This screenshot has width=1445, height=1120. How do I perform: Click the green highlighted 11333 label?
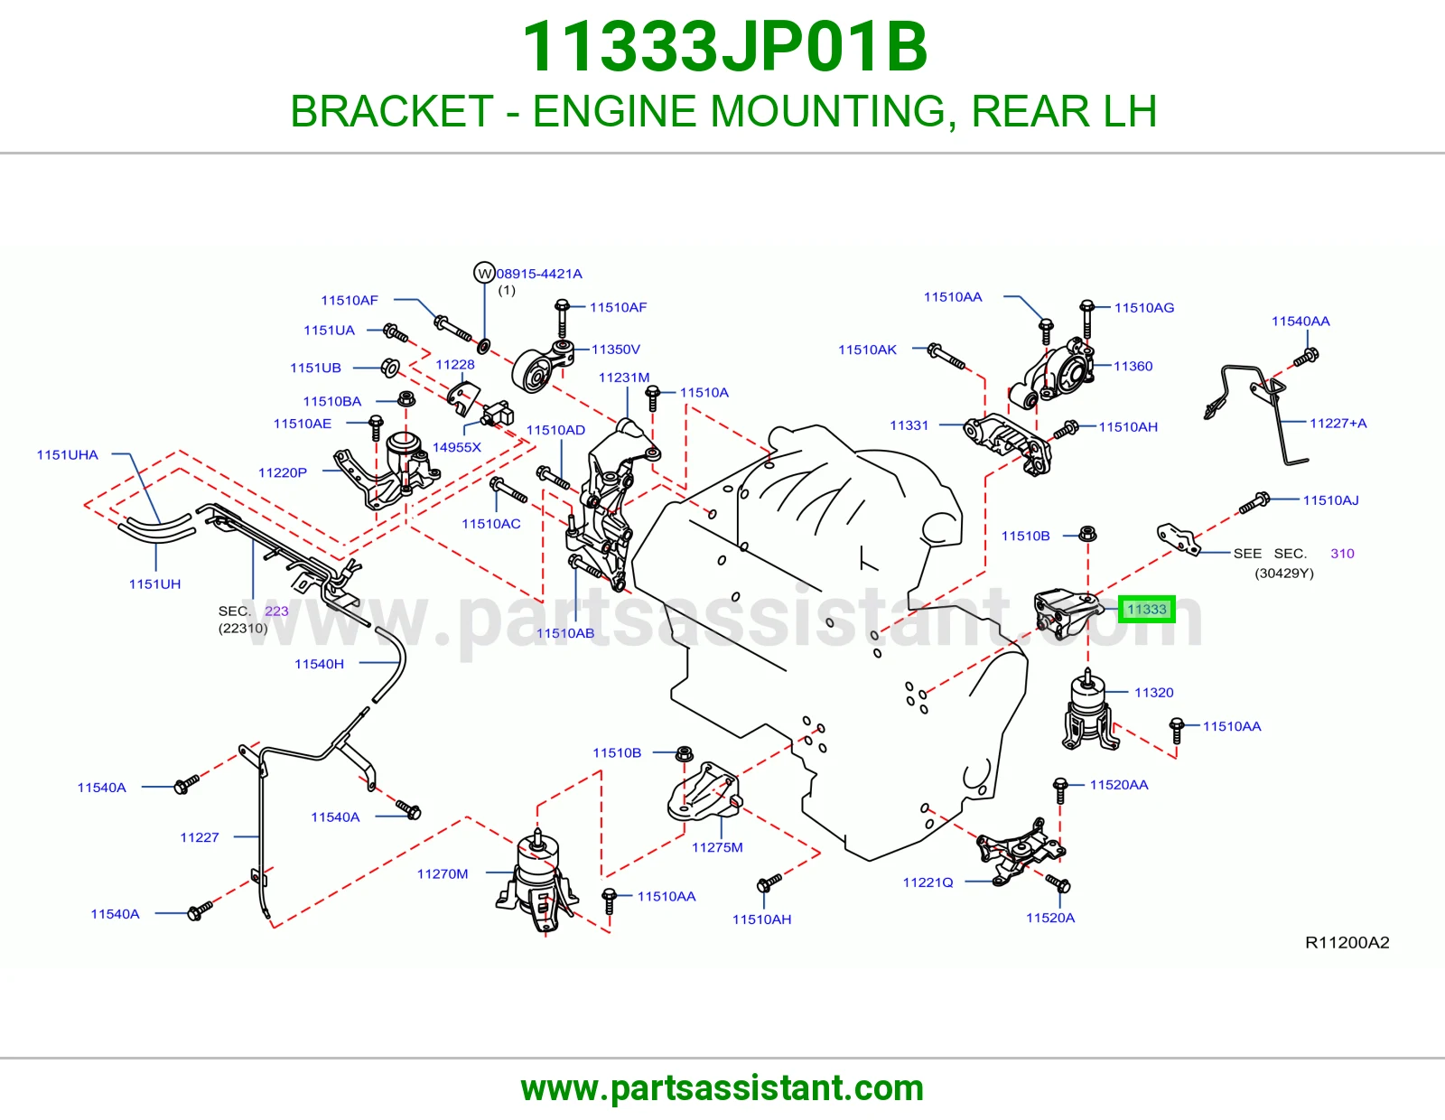tap(1146, 609)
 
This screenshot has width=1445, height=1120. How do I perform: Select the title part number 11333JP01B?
tap(724, 47)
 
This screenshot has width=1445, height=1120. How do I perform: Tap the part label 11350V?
tap(616, 350)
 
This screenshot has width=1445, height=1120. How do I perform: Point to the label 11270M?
tap(443, 874)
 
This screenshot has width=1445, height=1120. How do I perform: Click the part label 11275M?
tap(717, 847)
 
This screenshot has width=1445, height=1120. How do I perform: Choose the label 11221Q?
tap(928, 882)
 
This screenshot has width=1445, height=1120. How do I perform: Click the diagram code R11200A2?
tap(1347, 942)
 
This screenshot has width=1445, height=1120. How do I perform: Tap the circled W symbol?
tap(484, 273)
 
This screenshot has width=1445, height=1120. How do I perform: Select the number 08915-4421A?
tap(539, 274)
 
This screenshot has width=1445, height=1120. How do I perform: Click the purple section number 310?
tap(1343, 554)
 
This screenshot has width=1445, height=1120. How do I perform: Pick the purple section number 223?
tap(276, 611)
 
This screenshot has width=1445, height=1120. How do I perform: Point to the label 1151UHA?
tap(67, 455)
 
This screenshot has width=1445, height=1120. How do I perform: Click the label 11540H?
tap(319, 664)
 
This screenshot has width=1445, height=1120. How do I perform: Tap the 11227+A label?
tap(1338, 423)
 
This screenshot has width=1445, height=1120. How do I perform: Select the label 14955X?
tap(456, 447)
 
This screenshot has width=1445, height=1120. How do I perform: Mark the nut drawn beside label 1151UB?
tap(390, 367)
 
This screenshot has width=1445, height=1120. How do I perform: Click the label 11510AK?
tap(867, 350)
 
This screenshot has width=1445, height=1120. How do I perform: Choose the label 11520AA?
tap(1118, 785)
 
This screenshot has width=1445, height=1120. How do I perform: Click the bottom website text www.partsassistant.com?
tap(722, 1088)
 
